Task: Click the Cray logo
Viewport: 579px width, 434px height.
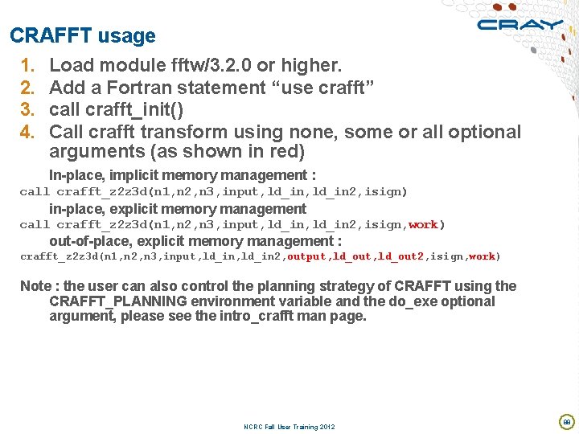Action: [x=520, y=24]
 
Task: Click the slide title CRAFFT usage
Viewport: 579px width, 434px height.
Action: [x=83, y=36]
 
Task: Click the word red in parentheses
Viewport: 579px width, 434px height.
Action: [x=277, y=152]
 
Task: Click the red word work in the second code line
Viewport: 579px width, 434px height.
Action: [x=423, y=225]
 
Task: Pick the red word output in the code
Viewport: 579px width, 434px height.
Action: [x=306, y=256]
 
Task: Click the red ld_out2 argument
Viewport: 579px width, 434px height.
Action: [x=402, y=256]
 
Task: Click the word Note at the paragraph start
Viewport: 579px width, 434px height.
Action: [x=35, y=286]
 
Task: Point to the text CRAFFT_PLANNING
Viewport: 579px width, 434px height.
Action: [x=118, y=301]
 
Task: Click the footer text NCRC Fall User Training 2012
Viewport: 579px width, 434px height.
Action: [x=289, y=427]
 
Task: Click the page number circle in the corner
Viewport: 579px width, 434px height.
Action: [x=566, y=421]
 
